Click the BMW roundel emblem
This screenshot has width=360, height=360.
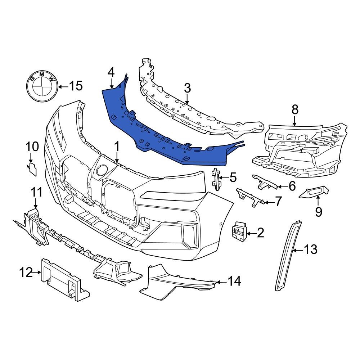click(x=42, y=86)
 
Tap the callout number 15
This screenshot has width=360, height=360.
click(x=76, y=86)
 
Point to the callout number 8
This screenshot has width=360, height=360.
click(x=295, y=109)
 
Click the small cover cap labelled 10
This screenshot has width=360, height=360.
click(x=32, y=169)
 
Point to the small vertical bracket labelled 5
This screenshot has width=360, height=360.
click(x=217, y=178)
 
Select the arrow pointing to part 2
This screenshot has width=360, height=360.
click(x=251, y=233)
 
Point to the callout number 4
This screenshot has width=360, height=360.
click(x=111, y=72)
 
